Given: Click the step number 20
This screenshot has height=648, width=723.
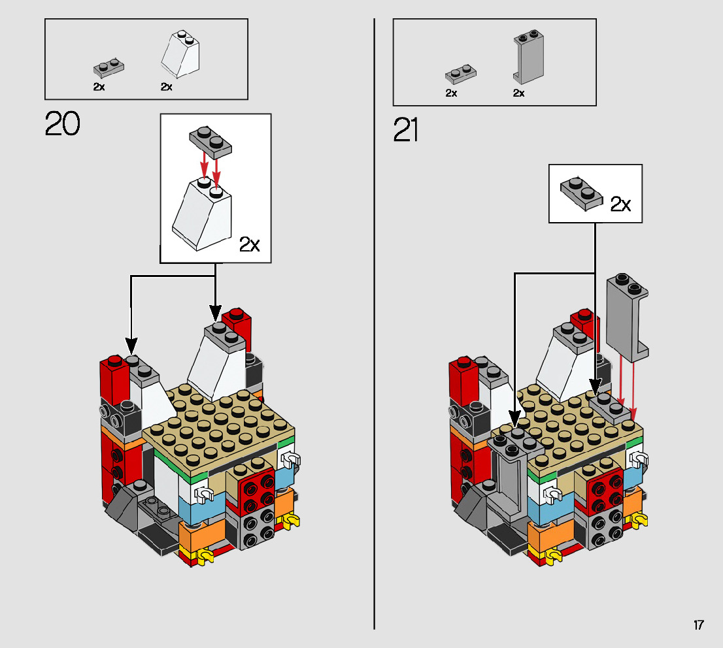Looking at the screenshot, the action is pos(63,124).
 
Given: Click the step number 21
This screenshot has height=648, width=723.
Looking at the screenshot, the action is pos(406,130).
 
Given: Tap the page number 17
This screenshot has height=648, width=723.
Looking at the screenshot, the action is pos(699,625).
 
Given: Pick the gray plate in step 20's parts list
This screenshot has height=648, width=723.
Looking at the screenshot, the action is pos(109,67).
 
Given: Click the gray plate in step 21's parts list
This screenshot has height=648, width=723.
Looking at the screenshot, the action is pos(461,71).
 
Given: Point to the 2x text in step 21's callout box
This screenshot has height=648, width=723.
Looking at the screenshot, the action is pos(620,204).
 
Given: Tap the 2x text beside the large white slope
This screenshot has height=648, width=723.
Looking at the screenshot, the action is pos(249,245).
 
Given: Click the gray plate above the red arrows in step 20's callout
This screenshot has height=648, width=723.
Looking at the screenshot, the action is pos(210,140).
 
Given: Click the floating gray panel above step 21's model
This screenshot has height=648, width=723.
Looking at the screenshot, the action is pos(626,317).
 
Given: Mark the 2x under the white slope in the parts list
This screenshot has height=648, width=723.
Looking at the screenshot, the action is pos(167,87).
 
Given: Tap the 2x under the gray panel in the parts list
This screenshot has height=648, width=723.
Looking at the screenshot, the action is pos(518,93).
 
